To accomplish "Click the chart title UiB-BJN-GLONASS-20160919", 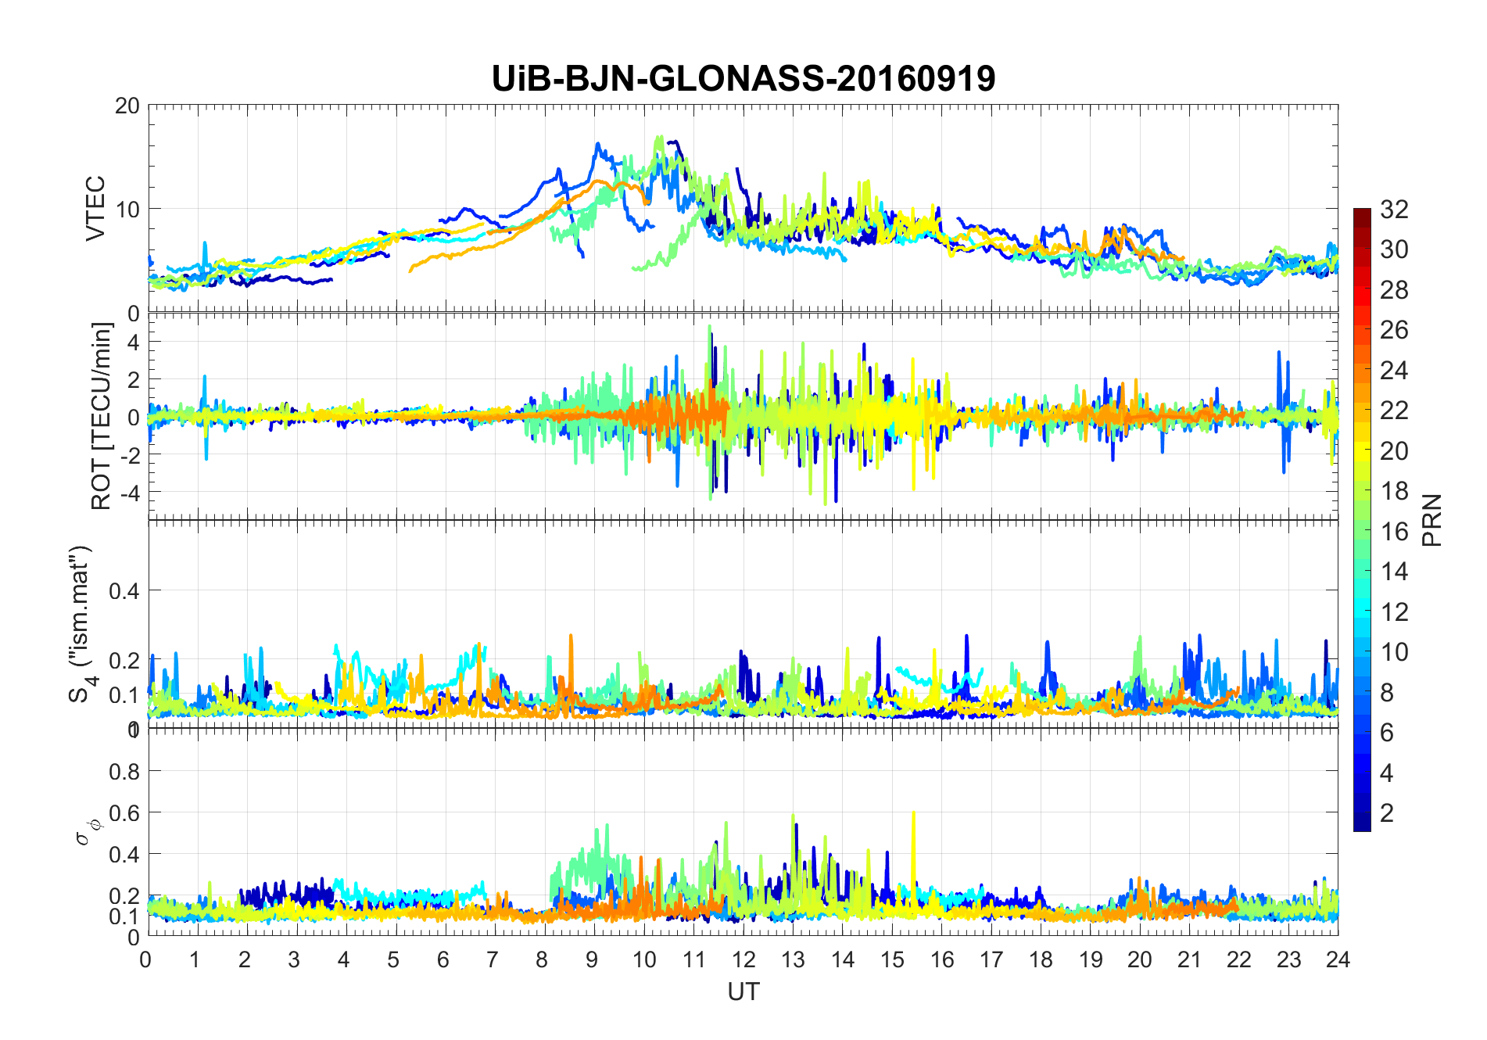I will tap(743, 79).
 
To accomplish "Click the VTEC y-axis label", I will tap(95, 208).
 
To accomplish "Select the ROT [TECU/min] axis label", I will tap(102, 416).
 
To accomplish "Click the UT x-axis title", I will tap(743, 992).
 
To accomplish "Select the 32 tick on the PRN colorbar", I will tap(1394, 210).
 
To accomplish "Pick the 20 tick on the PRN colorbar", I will tap(1394, 451).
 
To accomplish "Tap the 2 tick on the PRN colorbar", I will tap(1387, 813).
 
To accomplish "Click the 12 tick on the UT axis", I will tap(743, 959).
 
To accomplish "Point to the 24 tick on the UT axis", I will tap(1338, 959).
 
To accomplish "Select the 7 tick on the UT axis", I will tap(493, 959).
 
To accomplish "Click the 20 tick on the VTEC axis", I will tap(127, 106).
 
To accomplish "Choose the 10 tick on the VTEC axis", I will tap(127, 210).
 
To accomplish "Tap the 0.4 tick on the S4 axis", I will tap(124, 590).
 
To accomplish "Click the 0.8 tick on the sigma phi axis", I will tap(124, 772).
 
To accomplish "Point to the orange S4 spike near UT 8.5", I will tap(571, 637).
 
